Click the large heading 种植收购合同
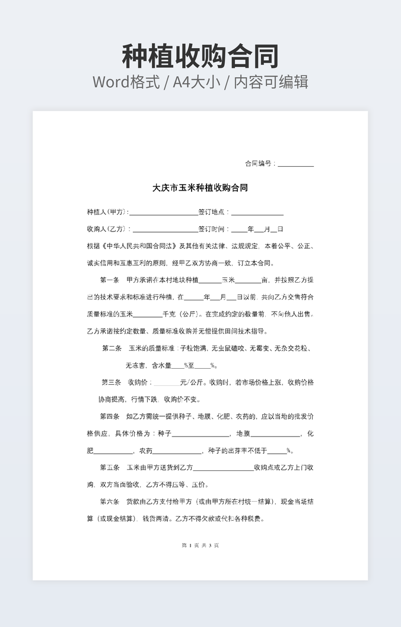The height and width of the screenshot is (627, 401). pos(200,56)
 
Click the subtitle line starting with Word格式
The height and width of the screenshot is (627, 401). pos(200,81)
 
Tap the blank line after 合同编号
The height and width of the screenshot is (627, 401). pos(295,164)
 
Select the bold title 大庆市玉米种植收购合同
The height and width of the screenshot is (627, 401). pos(200,188)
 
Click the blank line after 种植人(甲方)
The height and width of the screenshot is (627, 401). pos(163,213)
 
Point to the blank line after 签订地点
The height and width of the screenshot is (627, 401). pos(257,213)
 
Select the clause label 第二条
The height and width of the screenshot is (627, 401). pos(112,349)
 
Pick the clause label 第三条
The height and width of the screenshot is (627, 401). pos(111,382)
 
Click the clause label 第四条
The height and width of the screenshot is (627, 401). pos(110,416)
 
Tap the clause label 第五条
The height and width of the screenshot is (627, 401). pos(110,467)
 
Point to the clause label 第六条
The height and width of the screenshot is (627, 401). pos(110,502)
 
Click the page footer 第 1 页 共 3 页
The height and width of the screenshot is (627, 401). pos(200,545)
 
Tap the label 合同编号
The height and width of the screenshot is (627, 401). pos(259,164)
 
